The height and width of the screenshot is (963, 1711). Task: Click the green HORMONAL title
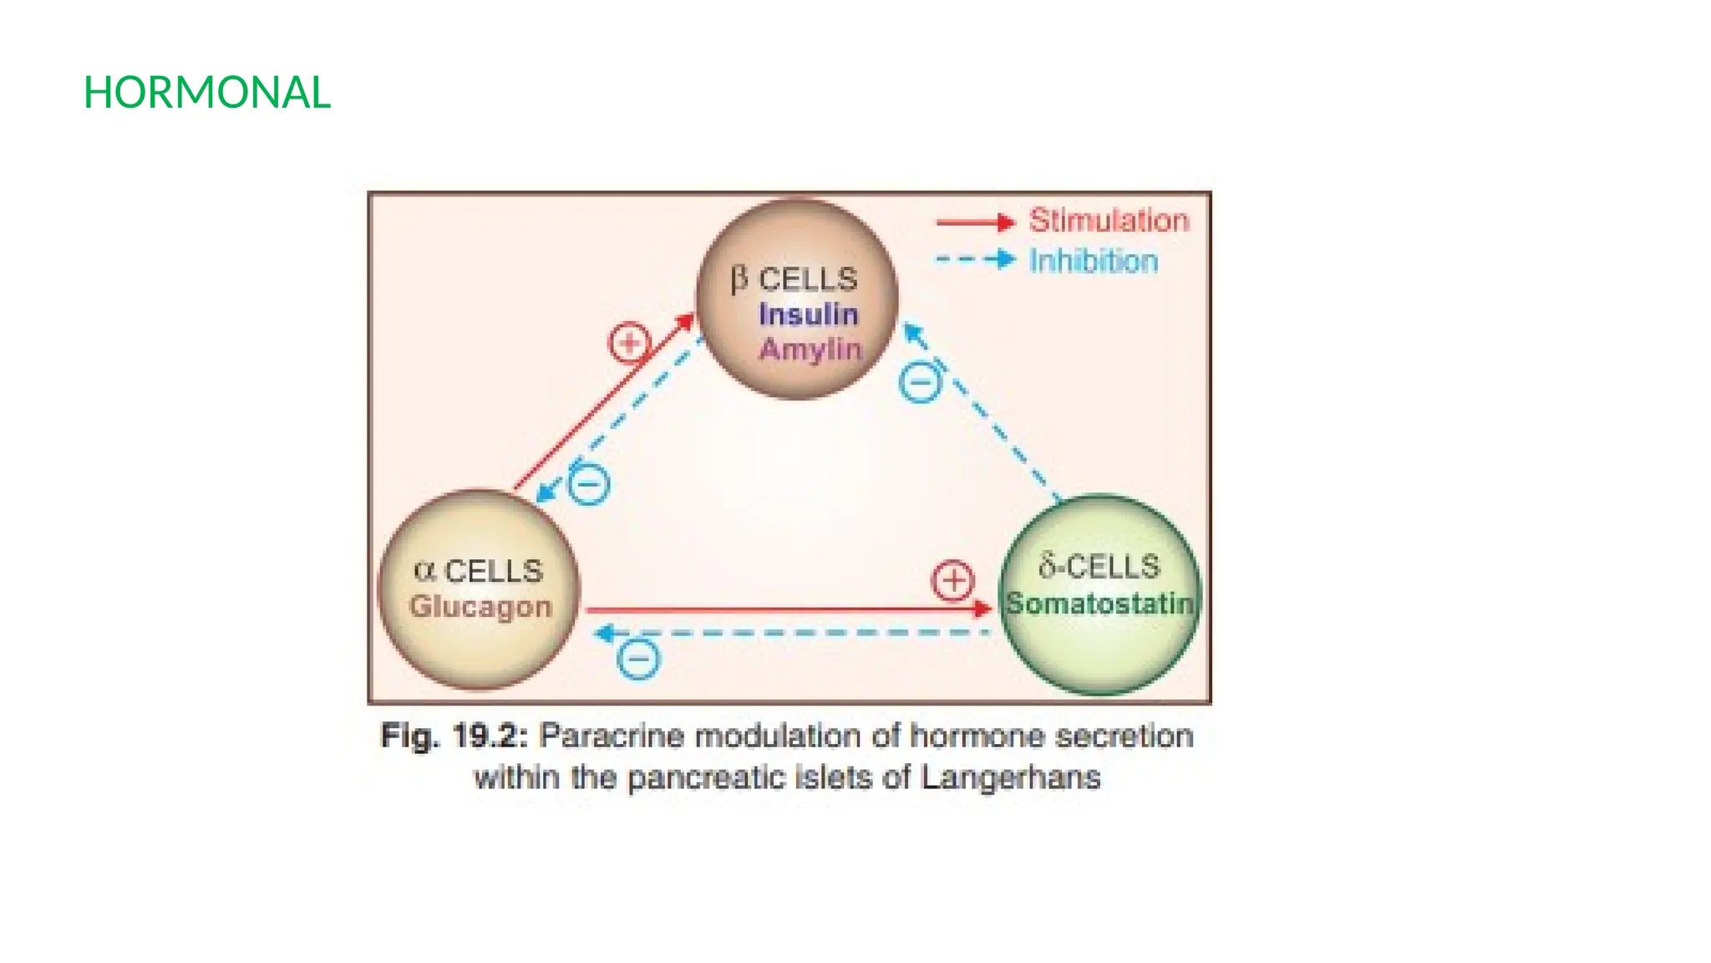[x=207, y=93]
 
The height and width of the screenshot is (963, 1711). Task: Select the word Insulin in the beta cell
[x=808, y=314]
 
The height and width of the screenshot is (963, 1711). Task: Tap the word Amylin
[x=810, y=349]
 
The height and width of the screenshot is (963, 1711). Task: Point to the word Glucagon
[x=480, y=607]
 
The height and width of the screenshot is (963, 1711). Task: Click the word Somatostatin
[x=1099, y=603]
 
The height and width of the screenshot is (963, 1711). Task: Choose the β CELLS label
[x=794, y=279]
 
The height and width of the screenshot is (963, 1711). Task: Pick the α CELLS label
[x=478, y=571]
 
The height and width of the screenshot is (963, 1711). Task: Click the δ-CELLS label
[x=1099, y=567]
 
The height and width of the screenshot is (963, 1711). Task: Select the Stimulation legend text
[x=1109, y=221]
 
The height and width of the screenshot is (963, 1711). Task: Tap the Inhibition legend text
[x=1093, y=261]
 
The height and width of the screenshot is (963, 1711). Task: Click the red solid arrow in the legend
[x=974, y=222]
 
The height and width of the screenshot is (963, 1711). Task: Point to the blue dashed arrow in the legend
[x=974, y=260]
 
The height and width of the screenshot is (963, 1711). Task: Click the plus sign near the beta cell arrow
[x=629, y=343]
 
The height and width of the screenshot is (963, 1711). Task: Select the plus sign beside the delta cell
[x=952, y=581]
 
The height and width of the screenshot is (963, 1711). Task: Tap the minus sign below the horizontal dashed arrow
[x=639, y=660]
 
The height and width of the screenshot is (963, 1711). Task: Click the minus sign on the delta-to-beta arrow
[x=921, y=384]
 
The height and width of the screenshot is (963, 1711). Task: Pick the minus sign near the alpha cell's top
[x=589, y=485]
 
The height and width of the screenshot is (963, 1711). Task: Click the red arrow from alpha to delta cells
[x=785, y=610]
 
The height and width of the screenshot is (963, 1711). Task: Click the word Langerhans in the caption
[x=1011, y=778]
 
